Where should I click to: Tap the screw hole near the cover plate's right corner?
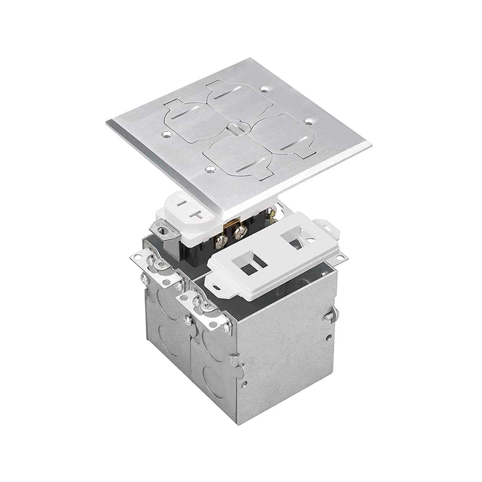pos(309,122)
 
